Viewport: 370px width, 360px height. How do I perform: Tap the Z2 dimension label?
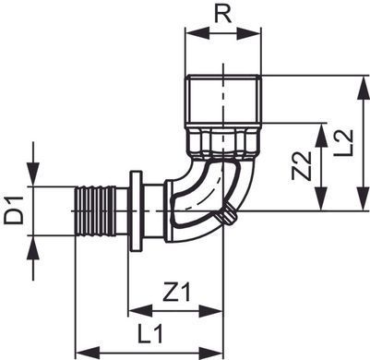coord(302,165)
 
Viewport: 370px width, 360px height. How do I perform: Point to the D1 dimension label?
coord(14,210)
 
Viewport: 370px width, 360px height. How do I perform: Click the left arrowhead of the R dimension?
coord(197,33)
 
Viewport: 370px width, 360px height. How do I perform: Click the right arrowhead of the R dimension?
coord(249,33)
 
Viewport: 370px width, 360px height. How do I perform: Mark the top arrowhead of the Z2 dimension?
coord(321,136)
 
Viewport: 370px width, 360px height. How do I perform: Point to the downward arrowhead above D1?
coord(33,174)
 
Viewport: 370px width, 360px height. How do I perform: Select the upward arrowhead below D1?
coord(33,248)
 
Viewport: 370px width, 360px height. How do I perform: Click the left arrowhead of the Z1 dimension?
coord(140,311)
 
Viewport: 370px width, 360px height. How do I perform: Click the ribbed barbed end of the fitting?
coord(95,211)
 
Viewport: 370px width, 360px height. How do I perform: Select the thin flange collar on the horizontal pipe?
coord(137,211)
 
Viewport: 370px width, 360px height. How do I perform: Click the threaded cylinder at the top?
coord(223,100)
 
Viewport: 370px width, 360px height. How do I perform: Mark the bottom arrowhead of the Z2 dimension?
coord(321,198)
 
